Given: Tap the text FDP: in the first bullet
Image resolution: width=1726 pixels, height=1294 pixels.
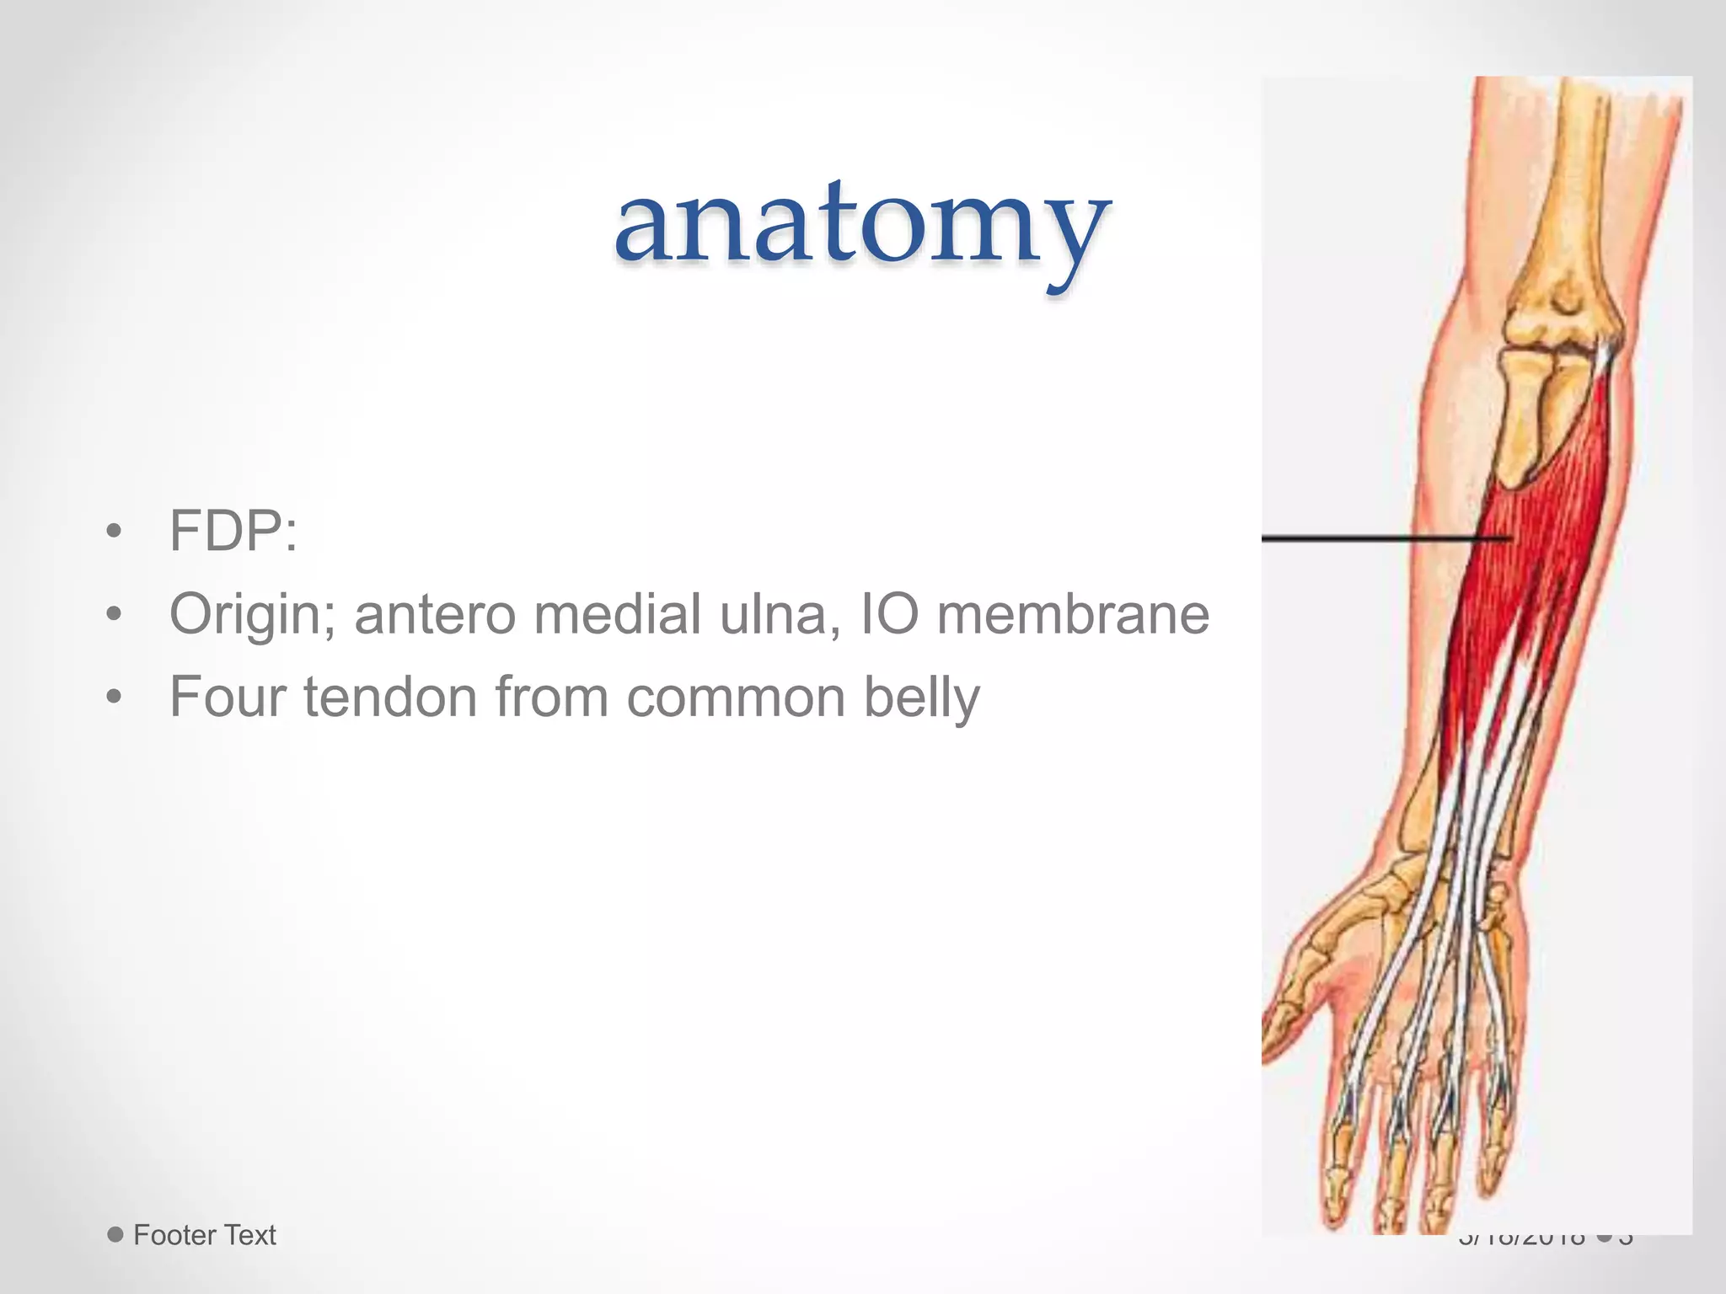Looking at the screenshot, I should click(x=233, y=531).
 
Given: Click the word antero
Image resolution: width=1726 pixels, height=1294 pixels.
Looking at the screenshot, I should click(x=435, y=614).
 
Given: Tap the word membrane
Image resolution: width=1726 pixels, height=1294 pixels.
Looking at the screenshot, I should click(x=1073, y=613).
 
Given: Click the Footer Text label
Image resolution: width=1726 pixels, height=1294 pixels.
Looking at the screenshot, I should click(x=205, y=1235).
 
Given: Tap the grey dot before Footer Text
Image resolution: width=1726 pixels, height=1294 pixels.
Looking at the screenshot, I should click(x=115, y=1235).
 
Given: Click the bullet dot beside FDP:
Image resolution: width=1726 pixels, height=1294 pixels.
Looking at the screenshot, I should click(x=115, y=532).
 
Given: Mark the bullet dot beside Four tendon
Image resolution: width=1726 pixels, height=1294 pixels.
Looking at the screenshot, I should click(x=115, y=698).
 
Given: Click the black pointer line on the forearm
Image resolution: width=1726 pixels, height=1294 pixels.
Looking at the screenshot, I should click(x=1382, y=537).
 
